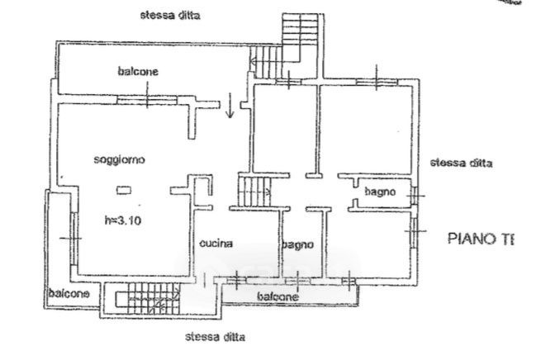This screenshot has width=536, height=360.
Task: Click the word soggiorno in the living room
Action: pyautogui.click(x=120, y=161)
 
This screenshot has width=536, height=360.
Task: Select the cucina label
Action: pyautogui.click(x=216, y=244)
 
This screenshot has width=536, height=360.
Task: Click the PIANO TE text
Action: pyautogui.click(x=480, y=239)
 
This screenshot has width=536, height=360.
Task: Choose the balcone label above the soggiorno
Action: pyautogui.click(x=137, y=72)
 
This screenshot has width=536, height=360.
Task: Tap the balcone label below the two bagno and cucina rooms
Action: pyautogui.click(x=277, y=296)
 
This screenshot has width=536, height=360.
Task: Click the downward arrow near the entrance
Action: pyautogui.click(x=230, y=107)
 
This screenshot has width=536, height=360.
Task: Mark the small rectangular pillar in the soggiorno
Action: pyautogui.click(x=123, y=191)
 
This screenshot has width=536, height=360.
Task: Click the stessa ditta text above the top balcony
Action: pyautogui.click(x=171, y=15)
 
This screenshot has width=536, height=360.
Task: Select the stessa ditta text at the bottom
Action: pyautogui.click(x=215, y=337)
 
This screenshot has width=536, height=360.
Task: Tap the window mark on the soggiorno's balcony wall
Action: pyautogui.click(x=147, y=101)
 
